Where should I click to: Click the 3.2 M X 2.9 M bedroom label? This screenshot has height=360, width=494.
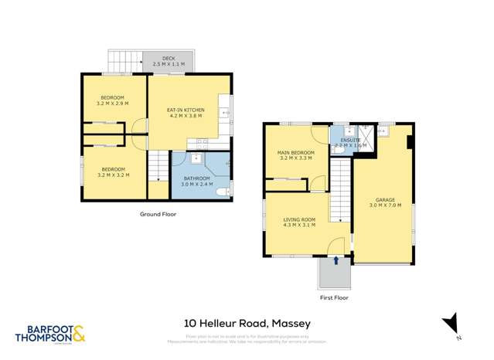click(112, 100)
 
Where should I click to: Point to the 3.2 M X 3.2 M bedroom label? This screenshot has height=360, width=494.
click(112, 172)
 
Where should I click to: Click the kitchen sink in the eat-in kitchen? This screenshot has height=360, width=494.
click(224, 113)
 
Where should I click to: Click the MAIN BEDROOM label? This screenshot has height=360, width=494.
click(296, 155)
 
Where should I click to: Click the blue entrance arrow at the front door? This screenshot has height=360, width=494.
click(336, 261)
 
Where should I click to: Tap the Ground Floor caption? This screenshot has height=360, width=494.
click(157, 213)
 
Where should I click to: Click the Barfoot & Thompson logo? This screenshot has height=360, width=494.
click(50, 333)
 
